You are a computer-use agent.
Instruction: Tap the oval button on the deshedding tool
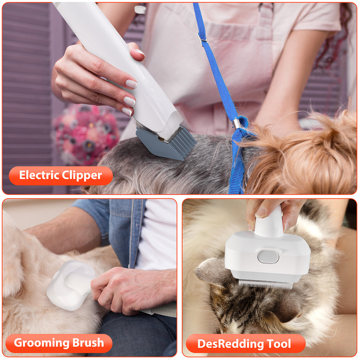coord(268,257)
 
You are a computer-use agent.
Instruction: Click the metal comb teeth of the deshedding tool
coord(265,283)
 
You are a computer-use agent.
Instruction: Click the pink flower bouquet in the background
coord(85,132)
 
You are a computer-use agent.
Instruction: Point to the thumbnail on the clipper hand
coord(140,53)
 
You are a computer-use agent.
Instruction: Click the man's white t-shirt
coord(156,234)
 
